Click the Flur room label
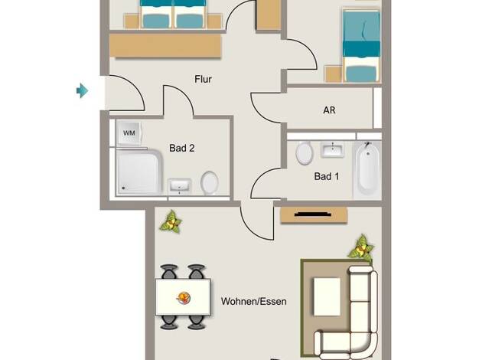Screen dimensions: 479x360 203,79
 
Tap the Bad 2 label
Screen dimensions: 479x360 182,149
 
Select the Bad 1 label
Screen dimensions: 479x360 327,176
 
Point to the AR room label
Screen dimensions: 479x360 329,110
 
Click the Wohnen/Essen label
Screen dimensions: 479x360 253,302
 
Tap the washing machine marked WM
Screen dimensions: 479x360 129,133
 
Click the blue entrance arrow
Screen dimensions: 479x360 82,90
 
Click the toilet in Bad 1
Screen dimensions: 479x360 305,153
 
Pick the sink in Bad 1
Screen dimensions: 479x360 332,150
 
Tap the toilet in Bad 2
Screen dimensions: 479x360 209,182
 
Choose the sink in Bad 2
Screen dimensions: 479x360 180,186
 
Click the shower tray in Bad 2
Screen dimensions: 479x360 139,172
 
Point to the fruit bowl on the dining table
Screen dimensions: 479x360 184,298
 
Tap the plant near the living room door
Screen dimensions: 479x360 171,222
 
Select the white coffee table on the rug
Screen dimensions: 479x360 327,296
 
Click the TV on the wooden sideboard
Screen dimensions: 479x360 313,214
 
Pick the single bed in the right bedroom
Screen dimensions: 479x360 361,46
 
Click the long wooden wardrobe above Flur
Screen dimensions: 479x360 165,45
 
